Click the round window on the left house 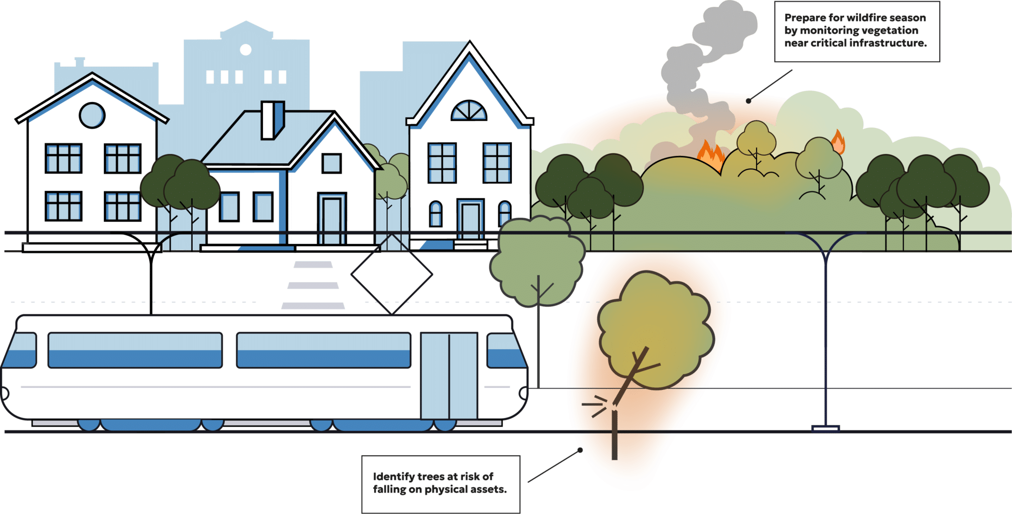click(x=92, y=115)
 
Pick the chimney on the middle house click(x=272, y=120)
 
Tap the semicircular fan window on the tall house click(x=469, y=110)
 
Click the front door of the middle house click(x=332, y=219)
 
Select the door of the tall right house click(x=470, y=219)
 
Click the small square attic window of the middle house click(x=332, y=163)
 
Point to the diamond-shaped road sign click(x=392, y=274)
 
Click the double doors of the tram click(x=449, y=376)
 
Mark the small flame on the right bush click(x=838, y=142)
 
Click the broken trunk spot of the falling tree click(x=614, y=407)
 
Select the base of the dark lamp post click(x=825, y=428)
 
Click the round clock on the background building click(x=246, y=49)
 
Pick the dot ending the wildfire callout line click(x=749, y=101)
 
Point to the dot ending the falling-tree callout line click(x=580, y=450)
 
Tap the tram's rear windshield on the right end click(x=506, y=351)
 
